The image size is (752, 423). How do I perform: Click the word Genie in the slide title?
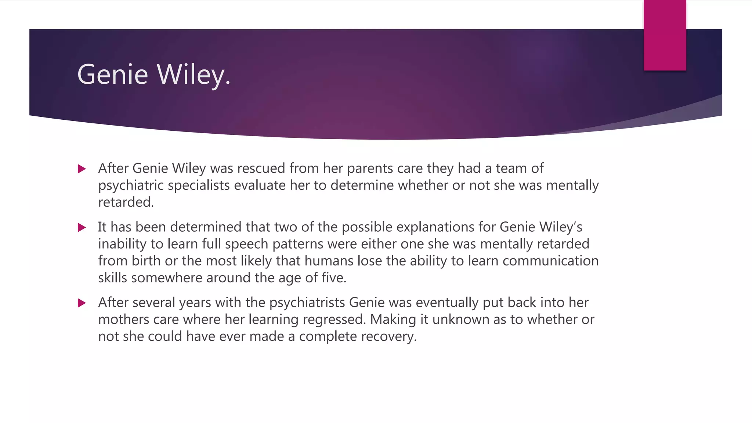tap(112, 75)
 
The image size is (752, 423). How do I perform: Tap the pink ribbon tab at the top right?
tap(665, 35)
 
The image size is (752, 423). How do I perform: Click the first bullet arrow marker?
tap(82, 169)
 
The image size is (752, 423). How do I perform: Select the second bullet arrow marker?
tap(82, 228)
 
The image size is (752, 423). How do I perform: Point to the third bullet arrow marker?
tap(82, 303)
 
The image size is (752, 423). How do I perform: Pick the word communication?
tap(550, 261)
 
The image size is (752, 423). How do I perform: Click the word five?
tap(334, 278)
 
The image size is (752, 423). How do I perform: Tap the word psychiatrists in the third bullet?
tap(307, 303)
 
